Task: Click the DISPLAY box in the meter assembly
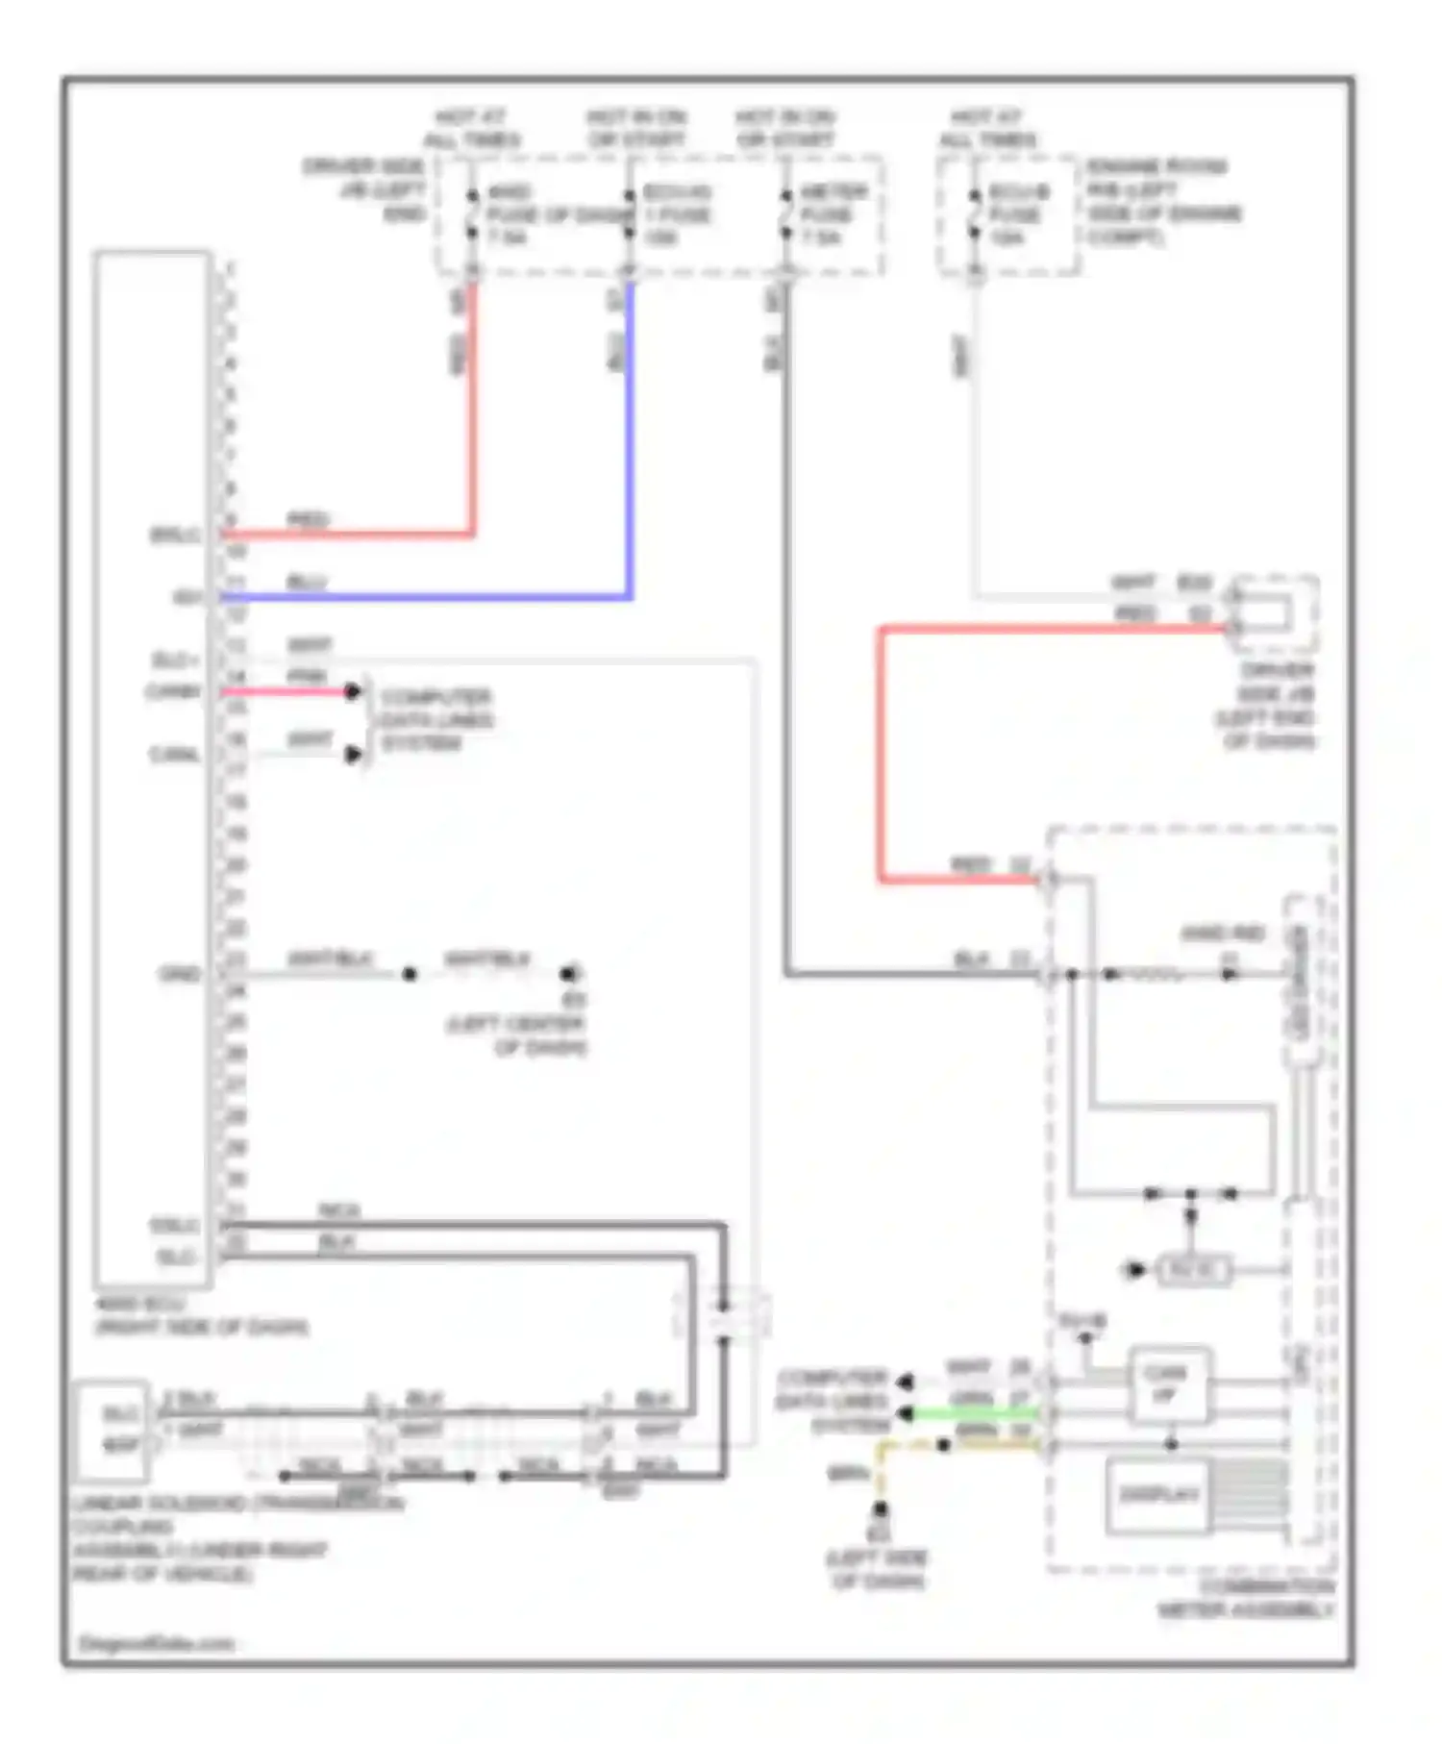1158,1494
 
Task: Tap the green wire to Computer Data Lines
976,1413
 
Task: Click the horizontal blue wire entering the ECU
423,597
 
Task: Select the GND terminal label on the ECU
180,974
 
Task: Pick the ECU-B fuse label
1017,213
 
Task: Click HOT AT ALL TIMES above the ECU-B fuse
987,128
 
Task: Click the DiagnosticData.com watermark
156,1643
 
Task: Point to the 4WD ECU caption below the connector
201,1315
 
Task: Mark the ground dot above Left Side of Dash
879,1509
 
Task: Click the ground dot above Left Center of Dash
569,973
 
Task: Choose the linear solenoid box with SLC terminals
112,1429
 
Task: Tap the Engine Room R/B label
1163,202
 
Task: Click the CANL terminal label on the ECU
174,755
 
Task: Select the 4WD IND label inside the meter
1222,934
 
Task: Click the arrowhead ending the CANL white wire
354,755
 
